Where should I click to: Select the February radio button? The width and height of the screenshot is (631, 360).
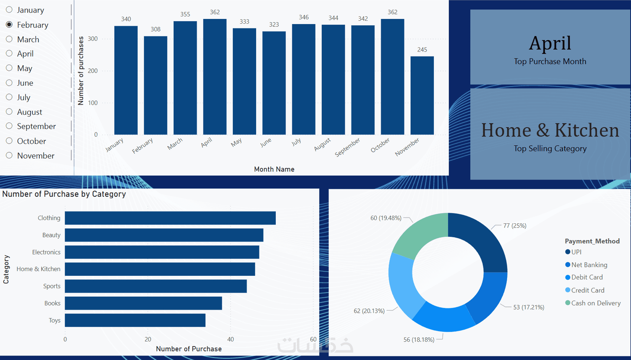(x=9, y=24)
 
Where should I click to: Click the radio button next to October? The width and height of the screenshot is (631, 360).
(x=9, y=141)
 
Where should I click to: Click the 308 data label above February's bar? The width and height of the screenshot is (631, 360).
(x=156, y=29)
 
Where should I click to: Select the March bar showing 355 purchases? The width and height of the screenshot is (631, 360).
(x=185, y=78)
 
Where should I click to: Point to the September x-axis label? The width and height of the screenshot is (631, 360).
(x=348, y=147)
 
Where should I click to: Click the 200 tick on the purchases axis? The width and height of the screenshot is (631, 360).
(x=93, y=71)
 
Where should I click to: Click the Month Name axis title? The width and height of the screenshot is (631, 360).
(x=274, y=169)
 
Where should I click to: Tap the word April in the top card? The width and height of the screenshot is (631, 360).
(x=550, y=43)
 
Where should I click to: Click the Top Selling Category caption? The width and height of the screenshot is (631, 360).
(x=550, y=148)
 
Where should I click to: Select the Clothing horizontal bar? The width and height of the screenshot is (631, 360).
(x=170, y=218)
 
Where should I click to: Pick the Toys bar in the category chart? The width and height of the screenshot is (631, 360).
(x=135, y=320)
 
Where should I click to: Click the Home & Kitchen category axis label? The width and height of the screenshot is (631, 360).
(x=38, y=269)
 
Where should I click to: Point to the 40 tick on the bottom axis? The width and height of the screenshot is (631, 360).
(x=231, y=339)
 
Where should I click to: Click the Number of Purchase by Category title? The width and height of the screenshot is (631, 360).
(x=64, y=194)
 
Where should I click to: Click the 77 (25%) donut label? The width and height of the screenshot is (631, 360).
(x=514, y=226)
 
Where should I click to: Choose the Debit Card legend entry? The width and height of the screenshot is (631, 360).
(x=586, y=277)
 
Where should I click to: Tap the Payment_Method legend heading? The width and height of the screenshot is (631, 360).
(x=592, y=241)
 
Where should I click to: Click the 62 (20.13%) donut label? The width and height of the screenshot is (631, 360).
(x=369, y=311)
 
